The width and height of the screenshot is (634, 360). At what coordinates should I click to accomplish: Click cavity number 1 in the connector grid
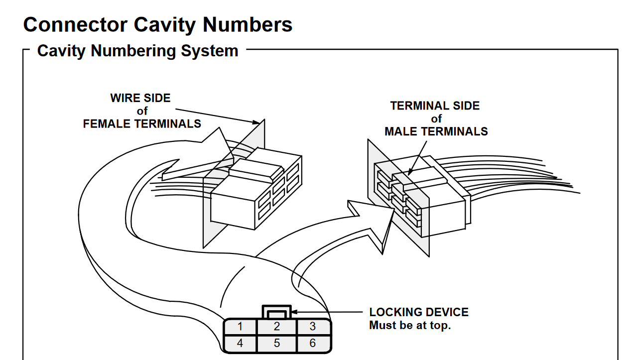(240, 327)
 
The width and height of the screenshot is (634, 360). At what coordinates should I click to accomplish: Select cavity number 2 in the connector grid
(277, 327)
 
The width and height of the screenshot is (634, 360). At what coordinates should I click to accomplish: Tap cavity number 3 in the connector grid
(313, 327)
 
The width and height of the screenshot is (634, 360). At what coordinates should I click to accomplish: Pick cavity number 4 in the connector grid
(240, 343)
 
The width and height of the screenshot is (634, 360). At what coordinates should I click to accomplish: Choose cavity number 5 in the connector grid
(277, 343)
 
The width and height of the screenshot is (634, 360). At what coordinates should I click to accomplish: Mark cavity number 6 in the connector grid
(313, 343)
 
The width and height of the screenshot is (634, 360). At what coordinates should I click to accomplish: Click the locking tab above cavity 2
(277, 312)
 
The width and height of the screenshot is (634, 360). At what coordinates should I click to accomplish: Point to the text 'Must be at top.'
(409, 326)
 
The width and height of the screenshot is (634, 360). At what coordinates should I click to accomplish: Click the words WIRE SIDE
(140, 98)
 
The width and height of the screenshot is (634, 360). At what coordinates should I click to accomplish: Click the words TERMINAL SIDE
(435, 106)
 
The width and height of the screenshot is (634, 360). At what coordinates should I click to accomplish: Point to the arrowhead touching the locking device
(294, 313)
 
